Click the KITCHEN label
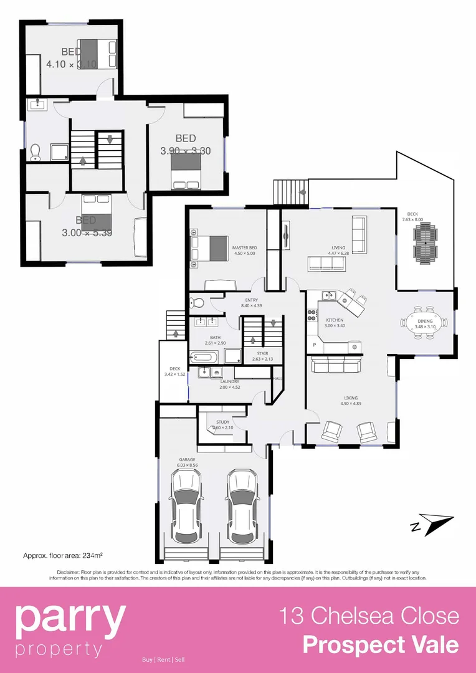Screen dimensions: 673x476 [x=334, y=320]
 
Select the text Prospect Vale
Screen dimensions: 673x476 [x=380, y=644]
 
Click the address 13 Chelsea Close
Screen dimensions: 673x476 [x=369, y=616]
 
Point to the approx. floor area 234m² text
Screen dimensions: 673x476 [x=62, y=555]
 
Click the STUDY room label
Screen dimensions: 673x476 [x=222, y=422]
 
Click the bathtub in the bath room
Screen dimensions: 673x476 [x=204, y=358]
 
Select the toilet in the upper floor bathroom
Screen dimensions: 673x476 [x=36, y=151]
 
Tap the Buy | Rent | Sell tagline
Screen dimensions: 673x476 [x=163, y=660]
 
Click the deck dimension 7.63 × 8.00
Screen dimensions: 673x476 [x=412, y=219]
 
